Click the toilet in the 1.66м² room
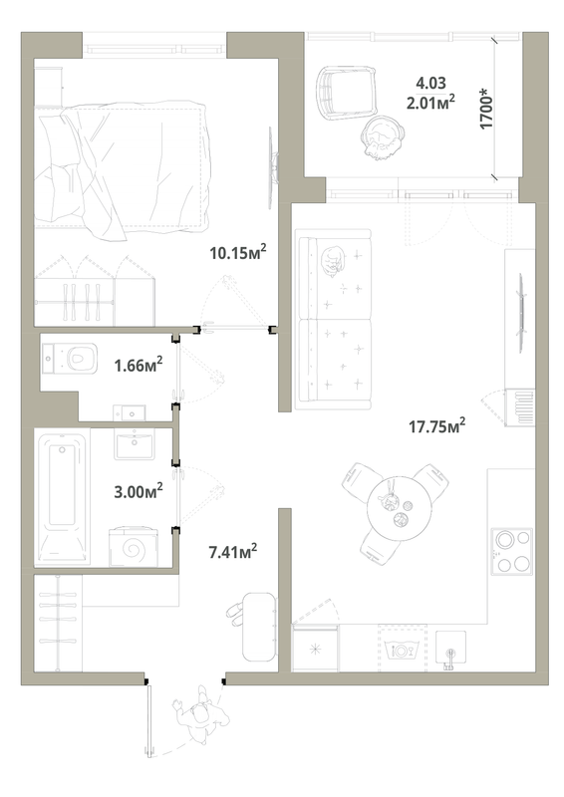(70, 357)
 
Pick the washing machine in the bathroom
(133, 547)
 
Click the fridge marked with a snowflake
(315, 649)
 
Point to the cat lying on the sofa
(331, 261)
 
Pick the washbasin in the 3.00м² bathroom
(134, 444)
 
